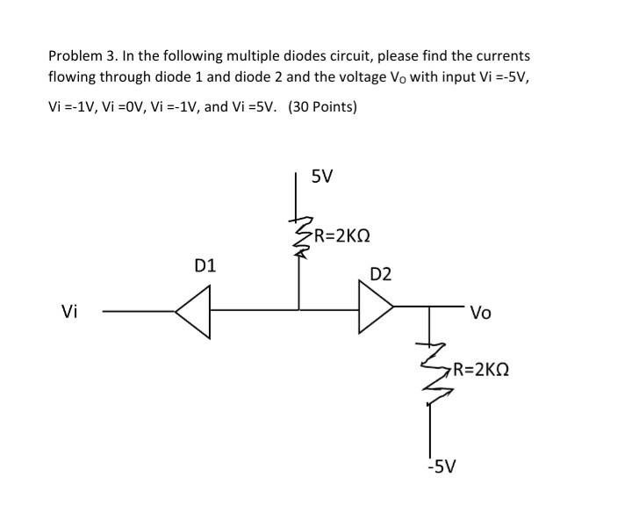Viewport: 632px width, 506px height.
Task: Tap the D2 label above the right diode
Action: [x=381, y=274]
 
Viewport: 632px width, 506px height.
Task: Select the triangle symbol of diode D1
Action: [x=194, y=310]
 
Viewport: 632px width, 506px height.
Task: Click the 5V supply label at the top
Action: [x=322, y=176]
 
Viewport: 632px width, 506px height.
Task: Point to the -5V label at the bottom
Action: [x=441, y=466]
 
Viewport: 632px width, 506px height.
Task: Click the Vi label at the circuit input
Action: [x=69, y=311]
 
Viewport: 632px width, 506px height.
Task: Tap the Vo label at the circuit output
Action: [x=481, y=312]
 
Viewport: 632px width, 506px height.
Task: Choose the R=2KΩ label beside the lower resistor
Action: [x=477, y=371]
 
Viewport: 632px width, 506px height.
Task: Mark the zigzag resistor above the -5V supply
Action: [x=430, y=369]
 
